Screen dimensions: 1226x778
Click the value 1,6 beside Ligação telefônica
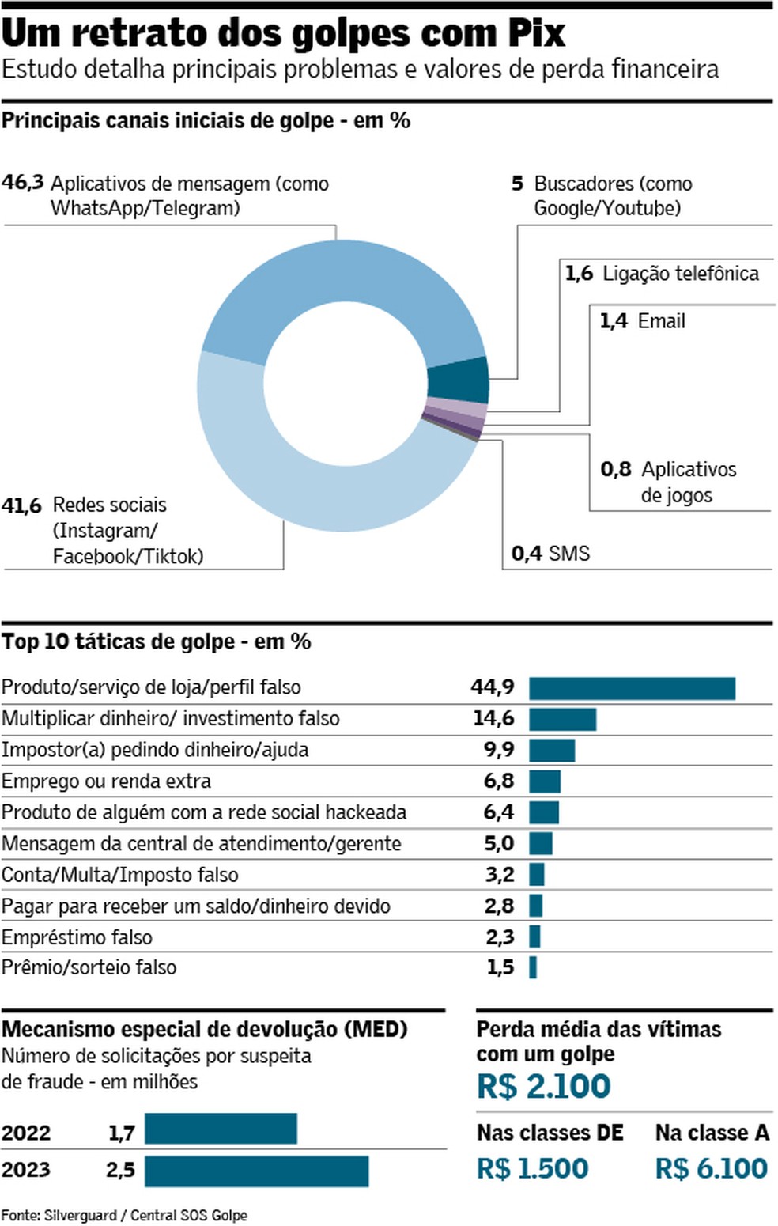[x=578, y=274]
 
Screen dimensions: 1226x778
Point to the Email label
[x=661, y=321]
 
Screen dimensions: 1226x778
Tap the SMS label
[x=568, y=553]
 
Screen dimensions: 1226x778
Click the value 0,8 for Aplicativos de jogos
[x=615, y=470]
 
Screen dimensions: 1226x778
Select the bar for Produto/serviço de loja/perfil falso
[x=632, y=688]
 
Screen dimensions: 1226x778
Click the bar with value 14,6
[x=562, y=719]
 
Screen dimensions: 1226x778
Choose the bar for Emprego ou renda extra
[x=544, y=781]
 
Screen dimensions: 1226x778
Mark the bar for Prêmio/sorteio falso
[x=533, y=967]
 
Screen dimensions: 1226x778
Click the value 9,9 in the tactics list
[x=499, y=750]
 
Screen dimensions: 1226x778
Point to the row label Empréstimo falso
[x=77, y=937]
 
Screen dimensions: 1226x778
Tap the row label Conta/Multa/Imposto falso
[x=119, y=875]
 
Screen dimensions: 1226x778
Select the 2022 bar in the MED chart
[x=221, y=1129]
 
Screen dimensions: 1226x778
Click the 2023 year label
[x=26, y=1170]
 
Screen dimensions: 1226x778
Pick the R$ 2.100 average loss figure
[x=543, y=1086]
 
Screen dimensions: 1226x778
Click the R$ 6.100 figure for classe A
[x=711, y=1168]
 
